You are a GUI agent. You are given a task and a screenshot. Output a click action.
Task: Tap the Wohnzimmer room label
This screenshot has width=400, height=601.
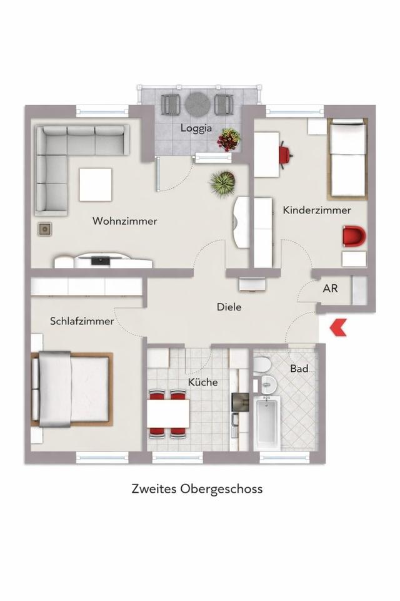(125, 221)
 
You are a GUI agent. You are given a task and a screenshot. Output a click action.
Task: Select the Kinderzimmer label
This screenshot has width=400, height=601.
(317, 210)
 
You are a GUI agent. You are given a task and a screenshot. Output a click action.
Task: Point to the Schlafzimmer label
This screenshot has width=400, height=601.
(82, 321)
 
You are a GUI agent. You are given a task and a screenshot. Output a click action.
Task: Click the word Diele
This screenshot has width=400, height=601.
(229, 307)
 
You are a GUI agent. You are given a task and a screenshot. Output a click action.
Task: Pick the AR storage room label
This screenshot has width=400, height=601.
(331, 290)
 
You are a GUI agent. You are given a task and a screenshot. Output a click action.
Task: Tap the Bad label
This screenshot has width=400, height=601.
(299, 369)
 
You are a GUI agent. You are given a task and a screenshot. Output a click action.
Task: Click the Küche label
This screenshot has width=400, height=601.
(203, 382)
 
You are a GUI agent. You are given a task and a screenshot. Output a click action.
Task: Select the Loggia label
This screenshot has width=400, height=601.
(196, 128)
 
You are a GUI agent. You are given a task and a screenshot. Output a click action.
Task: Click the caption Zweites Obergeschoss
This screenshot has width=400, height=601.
(197, 488)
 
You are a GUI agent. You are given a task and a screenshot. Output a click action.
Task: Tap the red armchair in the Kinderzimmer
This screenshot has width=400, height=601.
(353, 237)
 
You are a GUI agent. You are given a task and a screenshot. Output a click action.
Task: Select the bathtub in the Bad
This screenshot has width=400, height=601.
(267, 423)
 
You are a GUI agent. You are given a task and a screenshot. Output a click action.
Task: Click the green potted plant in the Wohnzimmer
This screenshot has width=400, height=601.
(223, 183)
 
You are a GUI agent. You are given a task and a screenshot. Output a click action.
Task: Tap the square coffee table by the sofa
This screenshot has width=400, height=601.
(96, 184)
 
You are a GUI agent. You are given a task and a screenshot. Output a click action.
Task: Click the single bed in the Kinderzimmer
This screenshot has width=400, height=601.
(347, 158)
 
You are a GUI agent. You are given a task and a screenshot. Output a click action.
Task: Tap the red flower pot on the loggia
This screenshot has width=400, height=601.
(229, 140)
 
